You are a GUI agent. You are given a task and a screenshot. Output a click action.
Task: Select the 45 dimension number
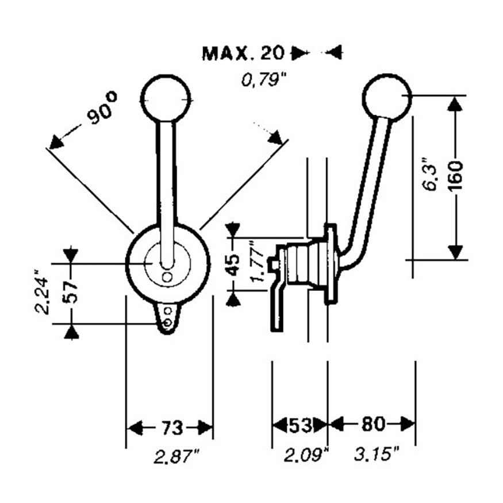point(233,264)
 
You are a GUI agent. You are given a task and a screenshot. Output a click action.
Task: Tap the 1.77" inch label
point(257,264)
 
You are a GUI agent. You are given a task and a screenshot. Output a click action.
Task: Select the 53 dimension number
point(300,426)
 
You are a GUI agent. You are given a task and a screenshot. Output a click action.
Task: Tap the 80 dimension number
point(373,425)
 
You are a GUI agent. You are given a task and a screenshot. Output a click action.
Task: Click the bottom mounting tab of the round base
point(167,317)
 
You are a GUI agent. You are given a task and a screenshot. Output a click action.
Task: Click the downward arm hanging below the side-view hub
point(277,308)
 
